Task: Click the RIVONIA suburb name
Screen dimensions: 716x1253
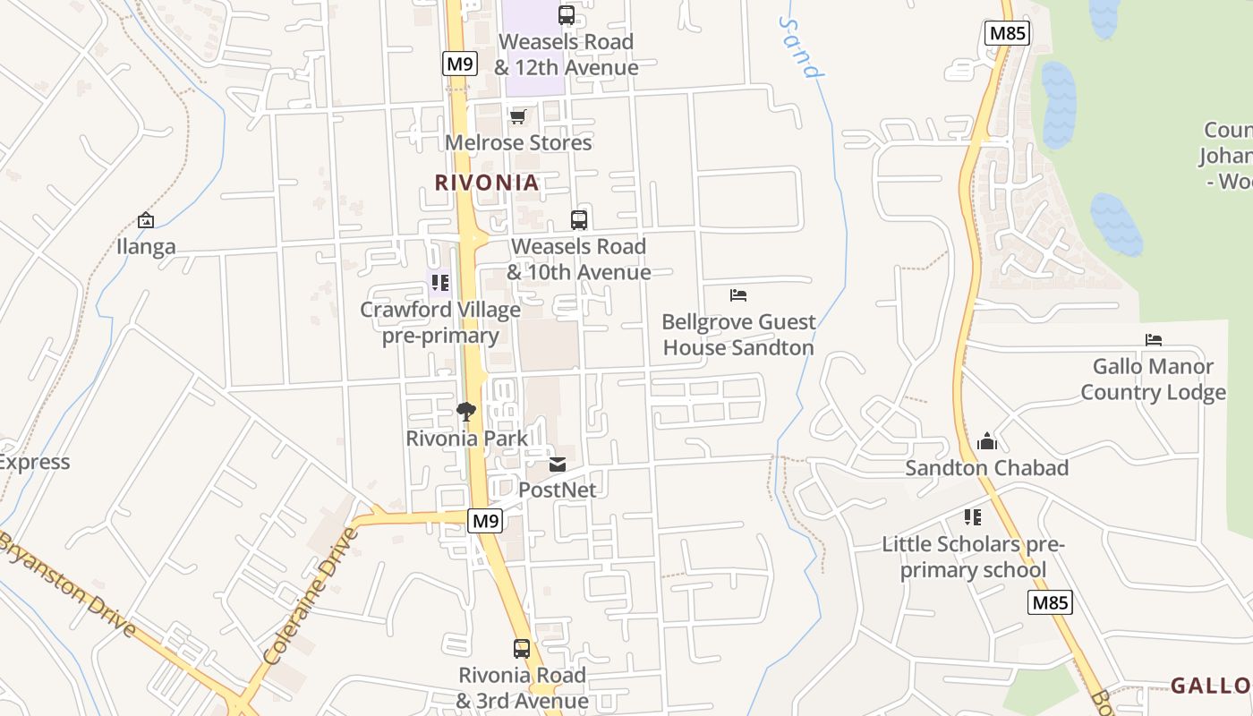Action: pos(487,183)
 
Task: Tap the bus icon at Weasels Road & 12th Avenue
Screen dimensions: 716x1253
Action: pos(567,15)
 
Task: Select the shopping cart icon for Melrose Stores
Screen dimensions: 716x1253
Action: pos(518,116)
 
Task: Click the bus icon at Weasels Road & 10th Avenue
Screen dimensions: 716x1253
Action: pos(579,220)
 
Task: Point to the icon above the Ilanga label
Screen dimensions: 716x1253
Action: pos(146,220)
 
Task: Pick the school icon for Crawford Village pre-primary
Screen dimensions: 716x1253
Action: pos(439,284)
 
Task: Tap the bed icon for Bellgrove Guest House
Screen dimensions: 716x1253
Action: pos(738,295)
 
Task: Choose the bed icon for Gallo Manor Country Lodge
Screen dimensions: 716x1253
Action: pos(1154,340)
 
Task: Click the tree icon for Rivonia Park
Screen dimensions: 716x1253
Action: pos(465,412)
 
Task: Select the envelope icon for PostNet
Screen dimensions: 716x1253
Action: pos(558,465)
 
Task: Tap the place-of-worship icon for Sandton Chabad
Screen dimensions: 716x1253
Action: pos(987,441)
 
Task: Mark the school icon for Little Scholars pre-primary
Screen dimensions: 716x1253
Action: pos(973,517)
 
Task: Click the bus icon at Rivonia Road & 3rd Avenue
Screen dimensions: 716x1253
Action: pos(522,649)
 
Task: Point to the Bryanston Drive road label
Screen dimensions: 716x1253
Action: pos(68,584)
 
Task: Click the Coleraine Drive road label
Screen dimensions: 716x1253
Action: pos(311,595)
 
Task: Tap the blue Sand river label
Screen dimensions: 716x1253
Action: pos(800,47)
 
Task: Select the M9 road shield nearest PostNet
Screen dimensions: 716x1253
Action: pos(484,521)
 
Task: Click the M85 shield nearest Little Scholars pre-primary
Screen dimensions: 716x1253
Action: pos(1049,602)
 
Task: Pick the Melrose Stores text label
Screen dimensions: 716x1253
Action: pos(518,142)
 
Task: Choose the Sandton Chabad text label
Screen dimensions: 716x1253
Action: pos(986,468)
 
